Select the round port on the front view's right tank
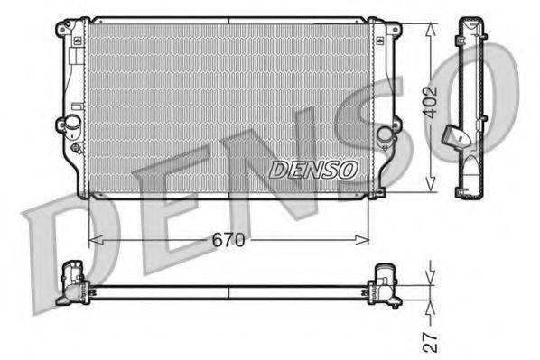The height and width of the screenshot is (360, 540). coord(386,134)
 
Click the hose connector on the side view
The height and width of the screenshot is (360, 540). coord(457,136)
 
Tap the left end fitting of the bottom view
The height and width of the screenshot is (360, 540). coord(70,281)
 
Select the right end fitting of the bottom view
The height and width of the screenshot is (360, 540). coord(386,281)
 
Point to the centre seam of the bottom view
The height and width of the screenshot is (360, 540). coord(228,292)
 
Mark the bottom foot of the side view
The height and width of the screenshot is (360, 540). coord(469,189)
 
